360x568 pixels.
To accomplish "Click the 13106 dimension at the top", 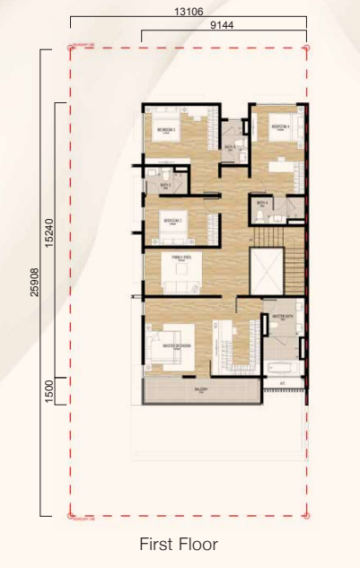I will pyautogui.click(x=189, y=12).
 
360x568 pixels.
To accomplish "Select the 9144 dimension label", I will pyautogui.click(x=224, y=27).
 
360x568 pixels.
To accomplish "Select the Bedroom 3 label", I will pyautogui.click(x=165, y=130).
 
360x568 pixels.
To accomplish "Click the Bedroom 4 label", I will pyautogui.click(x=280, y=127).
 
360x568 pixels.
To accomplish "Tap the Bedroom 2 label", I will pyautogui.click(x=172, y=220).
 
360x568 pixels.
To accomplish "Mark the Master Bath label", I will pyautogui.click(x=277, y=316).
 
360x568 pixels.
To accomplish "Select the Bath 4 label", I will pyautogui.click(x=262, y=204).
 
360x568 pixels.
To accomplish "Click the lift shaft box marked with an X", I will pyautogui.click(x=268, y=270).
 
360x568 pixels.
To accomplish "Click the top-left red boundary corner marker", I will pyautogui.click(x=71, y=47).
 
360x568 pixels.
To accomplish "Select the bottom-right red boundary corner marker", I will pyautogui.click(x=307, y=516).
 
